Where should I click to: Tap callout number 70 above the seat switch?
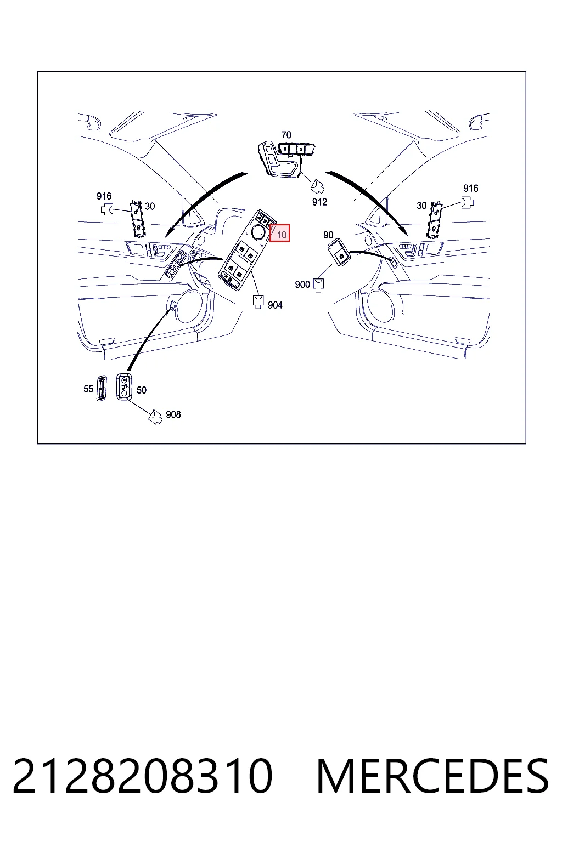tap(286, 134)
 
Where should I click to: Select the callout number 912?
tap(319, 202)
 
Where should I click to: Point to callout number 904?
tap(275, 305)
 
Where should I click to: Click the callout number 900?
tap(302, 284)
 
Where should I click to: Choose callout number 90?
tap(328, 235)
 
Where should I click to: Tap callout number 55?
tap(88, 389)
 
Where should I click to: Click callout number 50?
tap(142, 390)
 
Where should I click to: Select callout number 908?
tap(173, 414)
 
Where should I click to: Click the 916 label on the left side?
tap(104, 196)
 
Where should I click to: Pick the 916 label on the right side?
tap(470, 188)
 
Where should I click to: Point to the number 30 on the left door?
tap(150, 206)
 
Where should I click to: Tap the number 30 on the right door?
tap(421, 205)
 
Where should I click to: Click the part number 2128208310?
tap(142, 776)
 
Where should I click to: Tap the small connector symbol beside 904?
tap(258, 302)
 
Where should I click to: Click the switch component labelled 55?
tap(102, 388)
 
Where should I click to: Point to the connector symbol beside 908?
tap(155, 417)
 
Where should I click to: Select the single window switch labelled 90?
tap(340, 252)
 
